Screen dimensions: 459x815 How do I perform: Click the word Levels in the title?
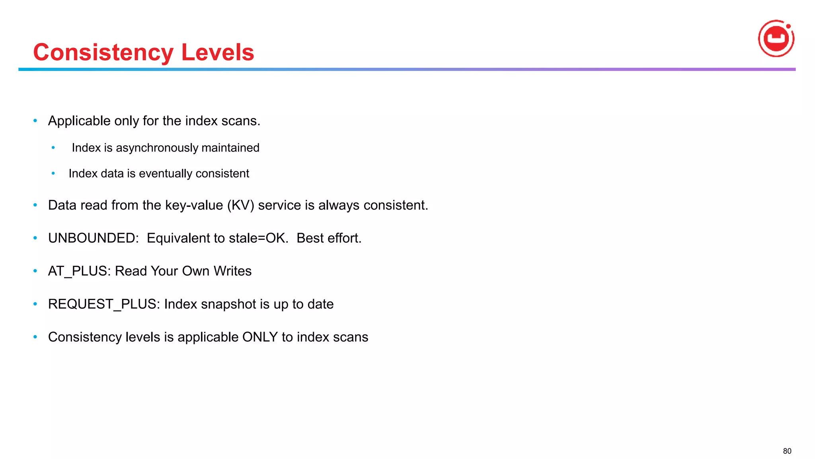coord(218,52)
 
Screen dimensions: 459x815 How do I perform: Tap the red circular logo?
coord(776,39)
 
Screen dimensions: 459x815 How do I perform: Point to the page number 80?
coord(787,451)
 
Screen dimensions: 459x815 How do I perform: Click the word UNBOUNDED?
coord(93,238)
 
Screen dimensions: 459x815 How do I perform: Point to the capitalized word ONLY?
coord(260,337)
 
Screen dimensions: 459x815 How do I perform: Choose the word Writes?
coord(232,271)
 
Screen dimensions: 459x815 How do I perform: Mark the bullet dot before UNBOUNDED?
coord(35,238)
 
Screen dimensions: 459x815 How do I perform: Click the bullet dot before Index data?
coord(53,174)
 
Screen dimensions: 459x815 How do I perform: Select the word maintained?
coord(230,148)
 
